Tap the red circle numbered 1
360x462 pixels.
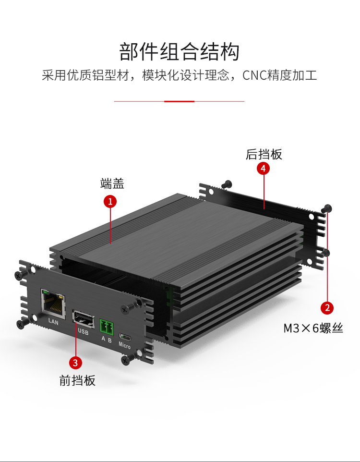(110, 201)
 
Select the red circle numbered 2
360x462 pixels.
(327, 307)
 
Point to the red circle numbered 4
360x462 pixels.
(263, 169)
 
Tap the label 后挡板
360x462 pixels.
(264, 154)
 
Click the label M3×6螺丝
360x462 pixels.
(313, 328)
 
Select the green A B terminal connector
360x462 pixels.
(106, 326)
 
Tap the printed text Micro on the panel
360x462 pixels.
(124, 346)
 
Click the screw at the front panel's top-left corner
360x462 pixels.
(19, 275)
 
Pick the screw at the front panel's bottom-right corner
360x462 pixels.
(126, 358)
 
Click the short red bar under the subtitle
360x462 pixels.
(179, 101)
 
